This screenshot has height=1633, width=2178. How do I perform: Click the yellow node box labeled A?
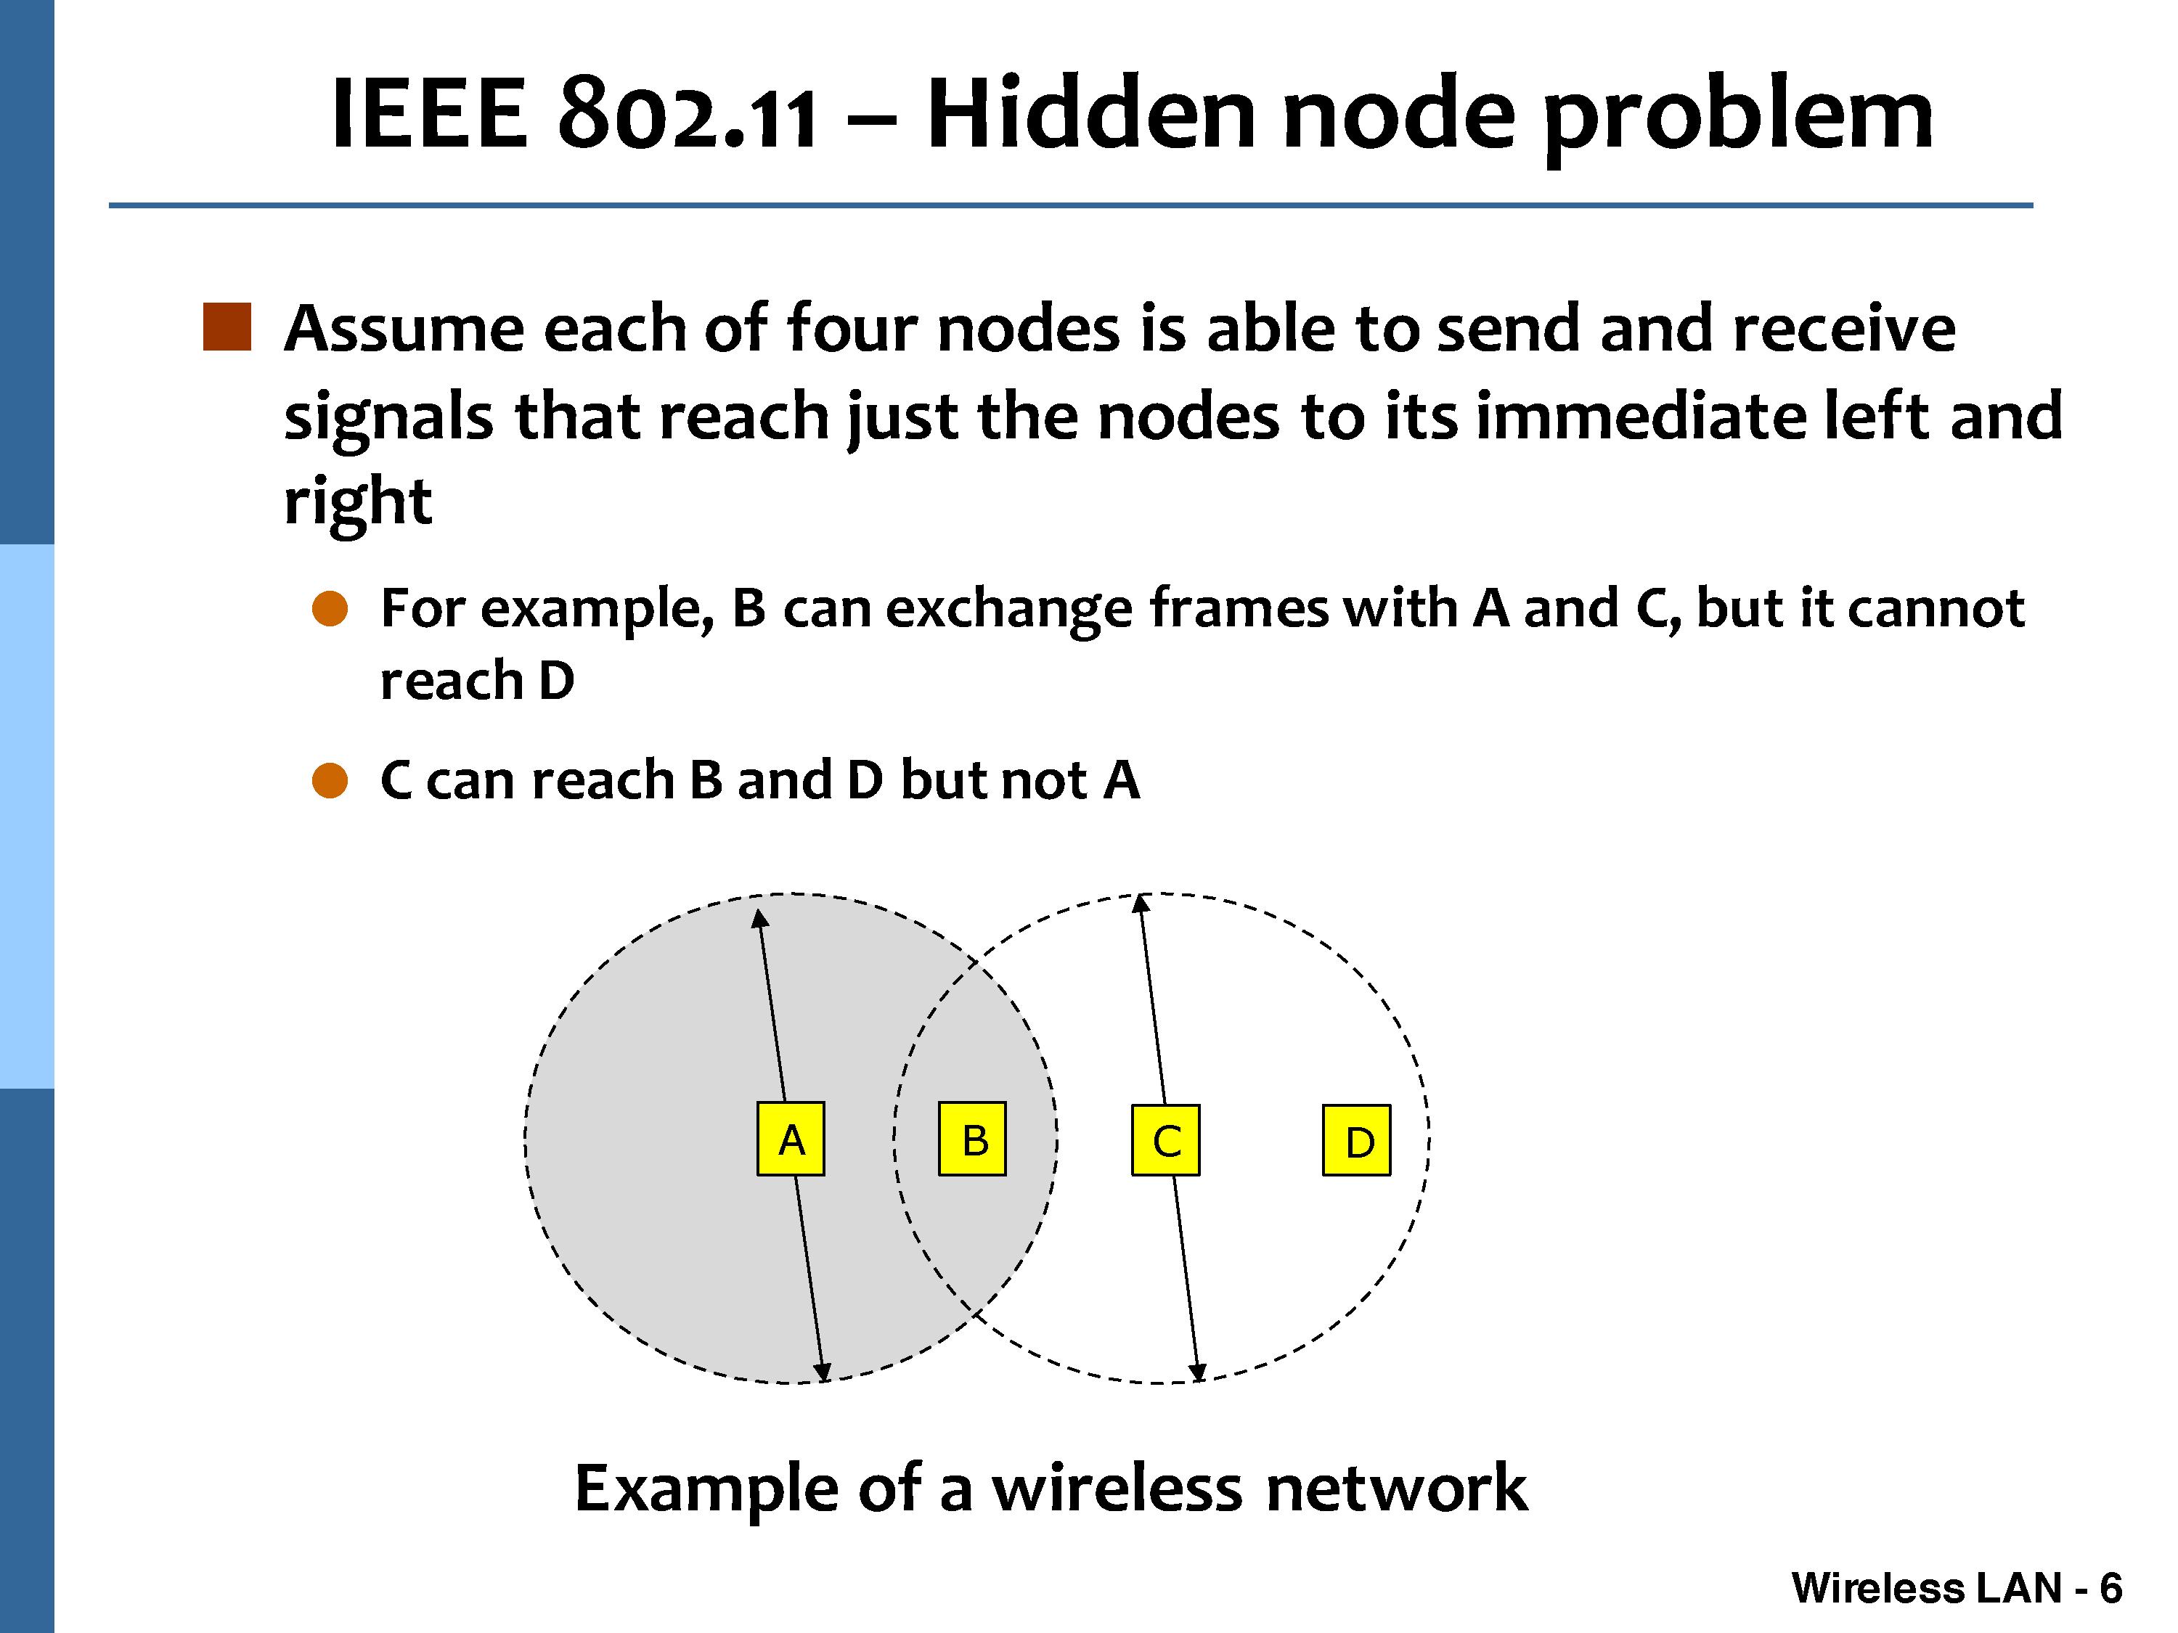791,1139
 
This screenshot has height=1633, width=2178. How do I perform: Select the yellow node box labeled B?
973,1139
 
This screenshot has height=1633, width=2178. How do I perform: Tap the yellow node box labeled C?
1166,1140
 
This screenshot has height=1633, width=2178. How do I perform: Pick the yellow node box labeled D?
1357,1140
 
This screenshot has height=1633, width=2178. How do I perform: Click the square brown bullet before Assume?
227,328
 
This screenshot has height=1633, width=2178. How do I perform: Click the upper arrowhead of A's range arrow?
759,918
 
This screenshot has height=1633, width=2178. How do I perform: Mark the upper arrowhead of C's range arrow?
1141,904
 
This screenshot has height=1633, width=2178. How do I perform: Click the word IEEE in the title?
429,116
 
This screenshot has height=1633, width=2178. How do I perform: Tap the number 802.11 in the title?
688,116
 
